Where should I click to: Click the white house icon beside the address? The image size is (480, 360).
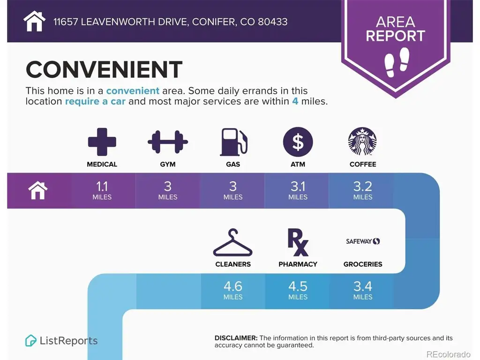34,21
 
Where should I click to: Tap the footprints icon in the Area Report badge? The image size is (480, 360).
397,62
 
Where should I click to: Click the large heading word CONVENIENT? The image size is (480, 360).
104,69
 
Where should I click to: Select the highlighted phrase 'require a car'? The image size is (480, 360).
95,101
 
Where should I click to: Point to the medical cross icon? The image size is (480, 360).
102,142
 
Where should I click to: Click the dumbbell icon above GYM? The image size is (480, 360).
168,142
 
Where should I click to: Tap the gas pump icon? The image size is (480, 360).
233,142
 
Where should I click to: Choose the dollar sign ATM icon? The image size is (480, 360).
298,142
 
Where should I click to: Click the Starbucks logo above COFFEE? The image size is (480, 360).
362,142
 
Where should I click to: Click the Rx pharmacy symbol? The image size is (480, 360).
298,242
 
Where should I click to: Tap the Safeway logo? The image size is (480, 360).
363,241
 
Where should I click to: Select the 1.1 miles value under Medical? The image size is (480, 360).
102,190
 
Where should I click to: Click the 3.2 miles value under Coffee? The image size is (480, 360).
363,190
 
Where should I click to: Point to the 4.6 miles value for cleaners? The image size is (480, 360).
233,290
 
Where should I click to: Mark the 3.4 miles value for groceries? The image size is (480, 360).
363,290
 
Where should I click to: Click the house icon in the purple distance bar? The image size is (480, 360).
38,190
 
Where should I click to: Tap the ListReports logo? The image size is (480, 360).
61,340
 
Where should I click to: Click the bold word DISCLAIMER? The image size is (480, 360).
236,338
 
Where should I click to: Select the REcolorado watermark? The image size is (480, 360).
448,354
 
